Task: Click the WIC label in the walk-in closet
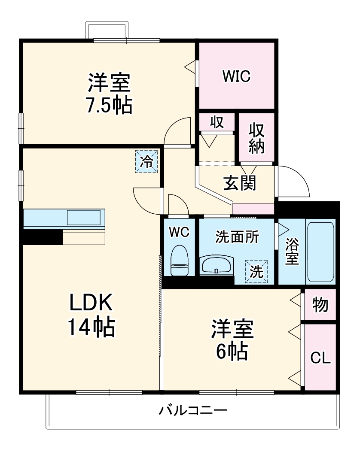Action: [236, 76]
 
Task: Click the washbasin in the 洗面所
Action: [217, 265]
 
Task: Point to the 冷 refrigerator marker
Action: [147, 162]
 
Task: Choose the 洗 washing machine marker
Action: [256, 272]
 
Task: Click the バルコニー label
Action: [193, 410]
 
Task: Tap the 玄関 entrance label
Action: [239, 183]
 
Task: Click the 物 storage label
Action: [320, 305]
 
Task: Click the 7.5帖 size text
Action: [109, 105]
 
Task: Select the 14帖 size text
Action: [91, 328]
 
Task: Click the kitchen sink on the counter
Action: [85, 218]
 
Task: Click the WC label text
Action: [179, 232]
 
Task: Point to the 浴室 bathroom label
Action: [292, 252]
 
